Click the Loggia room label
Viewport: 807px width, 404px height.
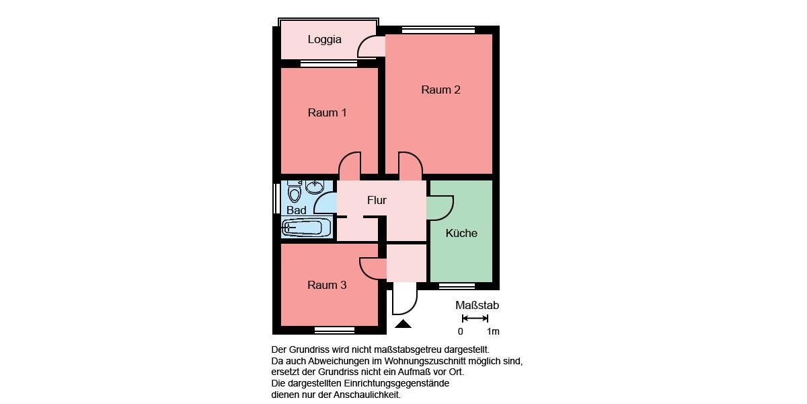(324, 39)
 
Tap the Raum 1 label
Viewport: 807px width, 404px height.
(327, 112)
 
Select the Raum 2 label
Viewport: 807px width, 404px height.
(440, 90)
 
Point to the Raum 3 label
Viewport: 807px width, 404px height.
(327, 285)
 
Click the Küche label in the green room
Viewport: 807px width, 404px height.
(461, 233)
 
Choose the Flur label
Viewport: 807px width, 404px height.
(377, 200)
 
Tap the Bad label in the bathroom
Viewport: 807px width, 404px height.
(296, 210)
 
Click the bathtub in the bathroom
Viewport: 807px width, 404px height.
(307, 228)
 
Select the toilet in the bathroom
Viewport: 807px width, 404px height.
(294, 192)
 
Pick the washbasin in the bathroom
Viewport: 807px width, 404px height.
(315, 186)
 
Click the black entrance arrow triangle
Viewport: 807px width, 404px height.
(403, 325)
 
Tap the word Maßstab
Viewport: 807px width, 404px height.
(477, 305)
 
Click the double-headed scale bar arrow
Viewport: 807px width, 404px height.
(475, 318)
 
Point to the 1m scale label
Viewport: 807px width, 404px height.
(493, 331)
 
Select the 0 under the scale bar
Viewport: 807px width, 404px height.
(461, 331)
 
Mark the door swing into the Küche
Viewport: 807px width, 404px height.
(440, 207)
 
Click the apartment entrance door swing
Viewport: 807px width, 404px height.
(404, 300)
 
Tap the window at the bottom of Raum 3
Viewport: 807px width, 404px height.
(334, 330)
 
